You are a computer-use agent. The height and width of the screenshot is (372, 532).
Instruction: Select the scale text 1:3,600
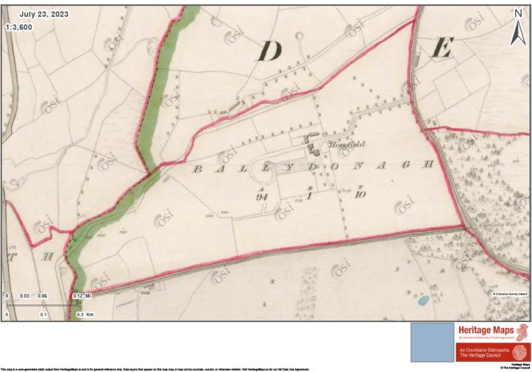(x=19, y=28)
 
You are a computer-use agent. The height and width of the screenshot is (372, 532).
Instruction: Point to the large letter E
(x=442, y=48)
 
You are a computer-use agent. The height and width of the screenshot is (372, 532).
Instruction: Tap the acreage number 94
(x=263, y=197)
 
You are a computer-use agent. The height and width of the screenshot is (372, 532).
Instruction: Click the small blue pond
(x=423, y=301)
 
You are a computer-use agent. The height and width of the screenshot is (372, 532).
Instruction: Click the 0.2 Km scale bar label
(x=84, y=315)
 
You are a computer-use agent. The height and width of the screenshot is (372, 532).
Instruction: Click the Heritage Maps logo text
(x=485, y=330)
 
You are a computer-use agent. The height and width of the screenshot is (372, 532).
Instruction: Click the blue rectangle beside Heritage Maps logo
(x=432, y=342)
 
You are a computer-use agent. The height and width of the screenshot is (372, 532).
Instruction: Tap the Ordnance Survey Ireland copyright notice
(x=508, y=294)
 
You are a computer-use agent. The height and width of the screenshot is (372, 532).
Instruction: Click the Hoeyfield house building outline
(x=312, y=142)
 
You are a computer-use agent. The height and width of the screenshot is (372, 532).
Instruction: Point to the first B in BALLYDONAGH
(x=197, y=169)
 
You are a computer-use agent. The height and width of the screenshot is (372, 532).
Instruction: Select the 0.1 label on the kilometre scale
(x=44, y=315)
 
